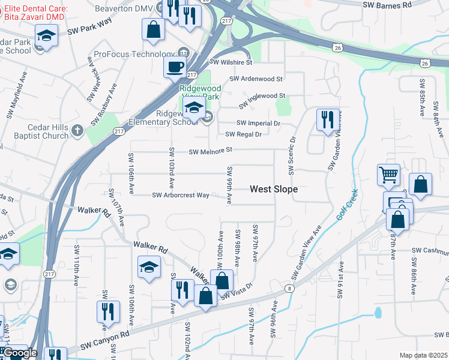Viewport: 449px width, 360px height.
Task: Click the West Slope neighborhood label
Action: pyautogui.click(x=274, y=189)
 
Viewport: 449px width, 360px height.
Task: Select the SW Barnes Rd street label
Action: pyautogui.click(x=388, y=4)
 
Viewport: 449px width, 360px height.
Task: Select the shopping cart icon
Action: pyautogui.click(x=388, y=175)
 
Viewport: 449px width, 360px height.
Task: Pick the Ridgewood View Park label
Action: pyautogui.click(x=200, y=92)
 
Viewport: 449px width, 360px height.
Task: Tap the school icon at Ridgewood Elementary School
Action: pyautogui.click(x=194, y=109)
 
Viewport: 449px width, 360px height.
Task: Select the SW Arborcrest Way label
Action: pyautogui.click(x=180, y=195)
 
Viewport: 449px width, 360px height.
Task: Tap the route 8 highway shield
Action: pyautogui.click(x=290, y=289)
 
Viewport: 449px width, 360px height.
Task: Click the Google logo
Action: pyautogui.click(x=19, y=353)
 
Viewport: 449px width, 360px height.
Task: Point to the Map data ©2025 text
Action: pyautogui.click(x=423, y=355)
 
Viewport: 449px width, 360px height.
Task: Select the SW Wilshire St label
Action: pyautogui.click(x=231, y=62)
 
